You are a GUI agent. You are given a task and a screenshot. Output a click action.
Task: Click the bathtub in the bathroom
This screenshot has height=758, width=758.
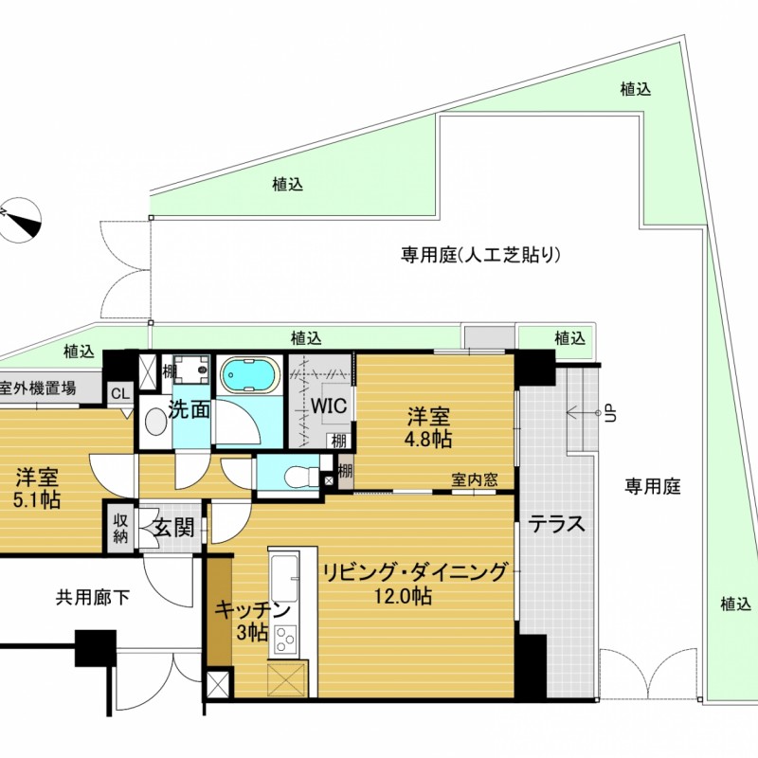point(250,375)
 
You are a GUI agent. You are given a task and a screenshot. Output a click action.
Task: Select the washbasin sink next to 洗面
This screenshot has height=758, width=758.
point(155,422)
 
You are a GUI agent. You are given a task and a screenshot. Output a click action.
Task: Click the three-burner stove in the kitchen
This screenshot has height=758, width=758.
point(285,639)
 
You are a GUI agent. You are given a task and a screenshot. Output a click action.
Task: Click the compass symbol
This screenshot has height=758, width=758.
point(19,219)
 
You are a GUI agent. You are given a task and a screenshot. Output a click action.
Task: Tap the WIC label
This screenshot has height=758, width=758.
point(329,406)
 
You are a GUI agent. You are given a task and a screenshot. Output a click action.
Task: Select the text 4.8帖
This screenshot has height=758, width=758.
point(428,439)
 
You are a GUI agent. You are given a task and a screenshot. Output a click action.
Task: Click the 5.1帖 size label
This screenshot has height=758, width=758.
point(37,500)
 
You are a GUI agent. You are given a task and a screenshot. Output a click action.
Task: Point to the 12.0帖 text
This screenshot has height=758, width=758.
point(403,596)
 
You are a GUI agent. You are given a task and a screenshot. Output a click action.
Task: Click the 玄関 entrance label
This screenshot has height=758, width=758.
point(174,527)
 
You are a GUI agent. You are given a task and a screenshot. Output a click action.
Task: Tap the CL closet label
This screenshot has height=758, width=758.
point(120,394)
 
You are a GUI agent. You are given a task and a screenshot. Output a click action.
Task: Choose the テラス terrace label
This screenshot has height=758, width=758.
point(556,524)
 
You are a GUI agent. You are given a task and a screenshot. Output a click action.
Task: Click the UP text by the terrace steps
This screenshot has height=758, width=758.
point(611,414)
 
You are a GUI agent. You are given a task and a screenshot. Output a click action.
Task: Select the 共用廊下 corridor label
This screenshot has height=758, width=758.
point(93,599)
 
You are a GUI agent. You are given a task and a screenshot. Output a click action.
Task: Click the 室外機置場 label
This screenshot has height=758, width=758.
point(39,388)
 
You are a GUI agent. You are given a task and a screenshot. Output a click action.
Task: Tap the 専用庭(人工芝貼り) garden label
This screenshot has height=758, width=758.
point(480,254)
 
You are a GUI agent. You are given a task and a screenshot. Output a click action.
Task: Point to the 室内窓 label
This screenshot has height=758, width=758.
point(475,479)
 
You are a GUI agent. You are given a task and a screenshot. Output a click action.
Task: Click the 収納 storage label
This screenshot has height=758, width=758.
point(120,528)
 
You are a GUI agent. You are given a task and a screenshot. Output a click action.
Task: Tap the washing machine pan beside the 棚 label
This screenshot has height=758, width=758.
point(192,370)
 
